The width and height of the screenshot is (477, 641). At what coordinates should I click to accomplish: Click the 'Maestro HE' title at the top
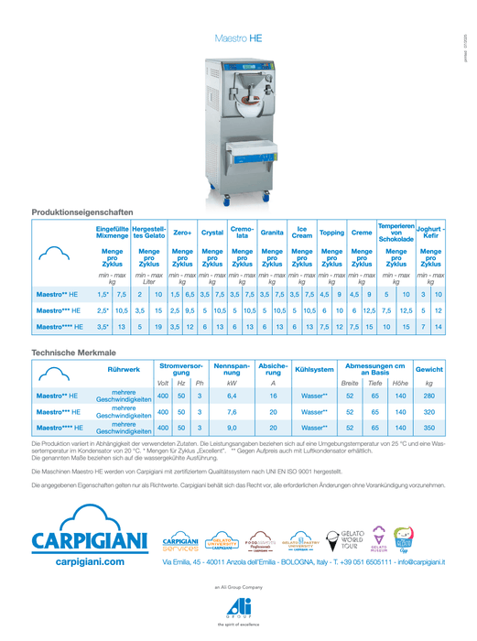point(238,39)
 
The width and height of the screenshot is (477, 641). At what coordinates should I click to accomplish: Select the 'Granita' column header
point(272,233)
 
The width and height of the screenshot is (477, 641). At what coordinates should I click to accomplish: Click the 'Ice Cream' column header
point(301,233)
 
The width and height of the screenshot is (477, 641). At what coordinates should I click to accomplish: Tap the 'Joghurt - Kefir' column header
point(430,233)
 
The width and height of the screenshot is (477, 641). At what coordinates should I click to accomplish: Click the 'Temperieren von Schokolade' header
point(396,232)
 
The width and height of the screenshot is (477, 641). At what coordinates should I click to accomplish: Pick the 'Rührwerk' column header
point(124,369)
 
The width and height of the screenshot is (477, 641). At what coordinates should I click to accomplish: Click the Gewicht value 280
point(428,396)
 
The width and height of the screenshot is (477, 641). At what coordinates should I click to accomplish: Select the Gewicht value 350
point(428,427)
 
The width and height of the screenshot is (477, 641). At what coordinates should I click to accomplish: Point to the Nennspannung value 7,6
point(232,411)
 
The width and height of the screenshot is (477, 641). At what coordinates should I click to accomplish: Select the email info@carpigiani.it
point(420,560)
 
